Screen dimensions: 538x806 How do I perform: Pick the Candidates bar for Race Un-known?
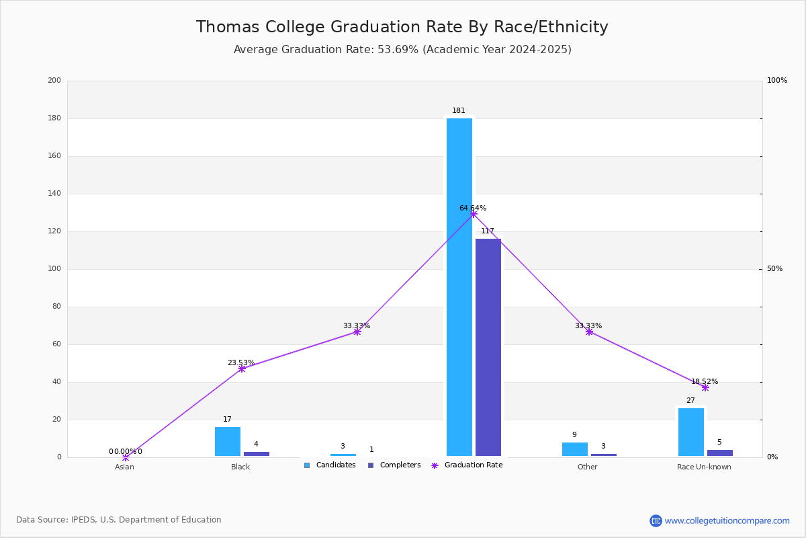click(691, 432)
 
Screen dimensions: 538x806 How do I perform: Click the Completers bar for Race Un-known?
click(720, 453)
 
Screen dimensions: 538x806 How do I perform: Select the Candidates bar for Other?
click(575, 449)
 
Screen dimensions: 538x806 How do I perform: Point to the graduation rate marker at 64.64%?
click(474, 214)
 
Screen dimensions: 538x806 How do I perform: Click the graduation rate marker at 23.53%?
click(242, 369)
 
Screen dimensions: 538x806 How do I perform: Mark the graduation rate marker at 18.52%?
click(705, 387)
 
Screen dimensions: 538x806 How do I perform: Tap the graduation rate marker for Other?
click(589, 332)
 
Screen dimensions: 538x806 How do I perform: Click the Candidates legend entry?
click(330, 465)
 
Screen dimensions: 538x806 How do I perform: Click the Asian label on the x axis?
click(124, 467)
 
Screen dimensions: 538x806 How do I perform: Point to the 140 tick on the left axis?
click(54, 194)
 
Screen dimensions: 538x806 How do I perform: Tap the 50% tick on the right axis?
click(774, 269)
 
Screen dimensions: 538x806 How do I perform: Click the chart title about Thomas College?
click(402, 27)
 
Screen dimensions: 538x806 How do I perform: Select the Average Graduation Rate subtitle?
click(402, 50)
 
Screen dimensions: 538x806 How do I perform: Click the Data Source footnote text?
click(119, 520)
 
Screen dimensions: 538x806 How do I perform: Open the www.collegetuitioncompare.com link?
click(727, 521)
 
